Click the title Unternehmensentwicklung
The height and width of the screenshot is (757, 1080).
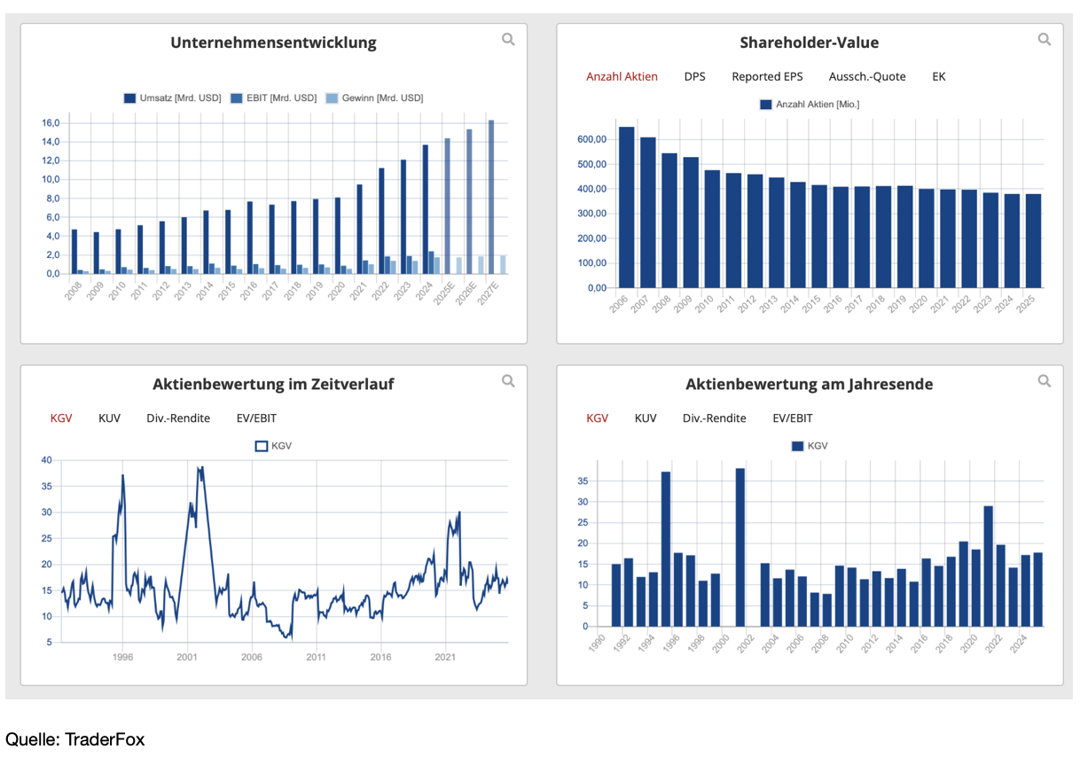[x=273, y=43]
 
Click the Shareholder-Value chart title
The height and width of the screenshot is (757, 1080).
[x=809, y=43]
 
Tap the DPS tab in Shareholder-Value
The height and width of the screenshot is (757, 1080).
[x=694, y=76]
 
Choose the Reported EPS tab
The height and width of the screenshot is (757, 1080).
[x=767, y=76]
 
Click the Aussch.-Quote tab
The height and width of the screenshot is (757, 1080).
[x=867, y=76]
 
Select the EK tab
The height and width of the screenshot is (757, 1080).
[x=938, y=76]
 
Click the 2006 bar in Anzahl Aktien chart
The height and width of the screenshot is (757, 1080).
[x=626, y=207]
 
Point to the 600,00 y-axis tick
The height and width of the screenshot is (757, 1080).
[x=591, y=139]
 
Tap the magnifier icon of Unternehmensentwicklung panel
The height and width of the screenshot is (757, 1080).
[x=508, y=39]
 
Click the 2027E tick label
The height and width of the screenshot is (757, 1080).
[x=487, y=293]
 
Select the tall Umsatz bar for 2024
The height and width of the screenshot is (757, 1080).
[x=426, y=209]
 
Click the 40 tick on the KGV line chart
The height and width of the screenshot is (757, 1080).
[x=46, y=460]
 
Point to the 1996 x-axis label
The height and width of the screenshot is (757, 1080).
[x=122, y=657]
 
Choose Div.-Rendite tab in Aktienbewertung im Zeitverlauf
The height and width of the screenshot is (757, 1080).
[x=178, y=418]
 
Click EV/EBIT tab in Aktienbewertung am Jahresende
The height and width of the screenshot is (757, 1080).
[x=792, y=418]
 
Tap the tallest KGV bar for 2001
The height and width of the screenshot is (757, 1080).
[x=740, y=547]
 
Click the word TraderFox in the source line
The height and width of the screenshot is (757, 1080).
[x=105, y=739]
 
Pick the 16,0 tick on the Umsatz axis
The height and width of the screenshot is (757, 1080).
[x=51, y=122]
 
